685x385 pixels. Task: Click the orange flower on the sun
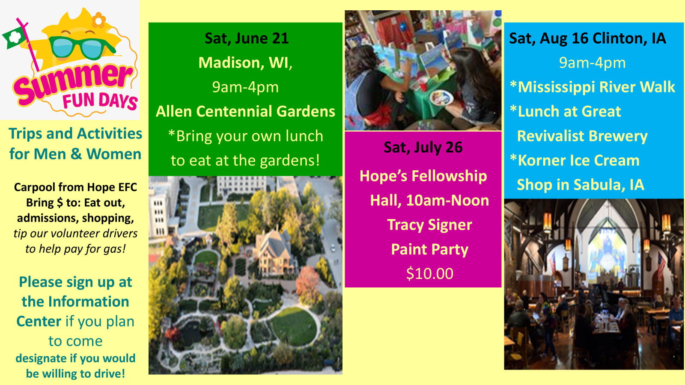click(x=99, y=20)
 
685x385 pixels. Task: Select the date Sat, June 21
click(x=247, y=38)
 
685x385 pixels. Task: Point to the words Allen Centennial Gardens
click(x=245, y=111)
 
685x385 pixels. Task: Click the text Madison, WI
click(x=245, y=62)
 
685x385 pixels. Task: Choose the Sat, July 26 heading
click(x=423, y=147)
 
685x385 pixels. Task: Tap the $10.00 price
click(x=430, y=273)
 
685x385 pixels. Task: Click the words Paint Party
click(x=430, y=249)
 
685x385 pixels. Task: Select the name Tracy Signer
click(x=430, y=225)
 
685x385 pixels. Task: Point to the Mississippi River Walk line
click(x=593, y=87)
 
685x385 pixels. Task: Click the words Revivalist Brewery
click(x=582, y=136)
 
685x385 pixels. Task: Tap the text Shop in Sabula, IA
click(x=581, y=185)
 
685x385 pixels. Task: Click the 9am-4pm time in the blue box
click(x=593, y=63)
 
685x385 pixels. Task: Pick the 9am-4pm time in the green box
click(x=245, y=87)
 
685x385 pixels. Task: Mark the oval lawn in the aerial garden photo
click(x=294, y=326)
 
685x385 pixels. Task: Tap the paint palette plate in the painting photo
click(x=441, y=98)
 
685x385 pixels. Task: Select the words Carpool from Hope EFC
click(x=75, y=187)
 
